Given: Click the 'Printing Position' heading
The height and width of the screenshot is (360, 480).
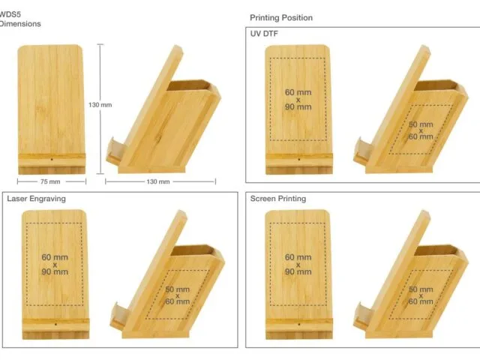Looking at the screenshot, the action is click(281, 18).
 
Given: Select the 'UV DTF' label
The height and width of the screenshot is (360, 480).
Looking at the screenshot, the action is click(264, 34).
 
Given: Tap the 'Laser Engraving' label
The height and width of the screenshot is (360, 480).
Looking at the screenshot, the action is click(37, 199).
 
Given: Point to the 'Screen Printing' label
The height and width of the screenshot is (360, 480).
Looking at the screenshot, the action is click(278, 199).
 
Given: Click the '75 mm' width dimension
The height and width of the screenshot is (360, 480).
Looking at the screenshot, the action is click(50, 181).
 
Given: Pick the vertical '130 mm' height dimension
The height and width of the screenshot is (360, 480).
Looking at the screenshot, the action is click(100, 105).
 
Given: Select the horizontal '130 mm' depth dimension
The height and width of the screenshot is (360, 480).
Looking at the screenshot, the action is click(158, 181).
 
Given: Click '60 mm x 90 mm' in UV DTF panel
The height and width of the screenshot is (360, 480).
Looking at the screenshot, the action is click(298, 100).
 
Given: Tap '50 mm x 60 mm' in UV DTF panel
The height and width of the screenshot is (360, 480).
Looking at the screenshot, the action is click(421, 130).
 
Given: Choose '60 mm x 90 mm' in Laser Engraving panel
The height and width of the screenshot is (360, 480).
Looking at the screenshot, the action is click(55, 265).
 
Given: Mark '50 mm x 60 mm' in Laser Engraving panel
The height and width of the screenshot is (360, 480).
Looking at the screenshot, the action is click(178, 295).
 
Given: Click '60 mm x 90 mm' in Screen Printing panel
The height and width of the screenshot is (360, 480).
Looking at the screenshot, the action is click(298, 265).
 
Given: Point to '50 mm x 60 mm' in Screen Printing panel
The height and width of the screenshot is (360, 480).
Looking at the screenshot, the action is click(421, 295).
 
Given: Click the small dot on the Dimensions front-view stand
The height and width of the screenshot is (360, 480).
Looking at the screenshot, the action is click(52, 160).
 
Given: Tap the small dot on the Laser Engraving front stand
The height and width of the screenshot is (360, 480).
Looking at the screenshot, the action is click(55, 324).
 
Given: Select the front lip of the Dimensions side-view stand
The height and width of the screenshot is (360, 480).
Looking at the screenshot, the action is click(116, 151).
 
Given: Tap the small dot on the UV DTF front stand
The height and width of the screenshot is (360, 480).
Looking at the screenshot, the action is click(299, 160).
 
